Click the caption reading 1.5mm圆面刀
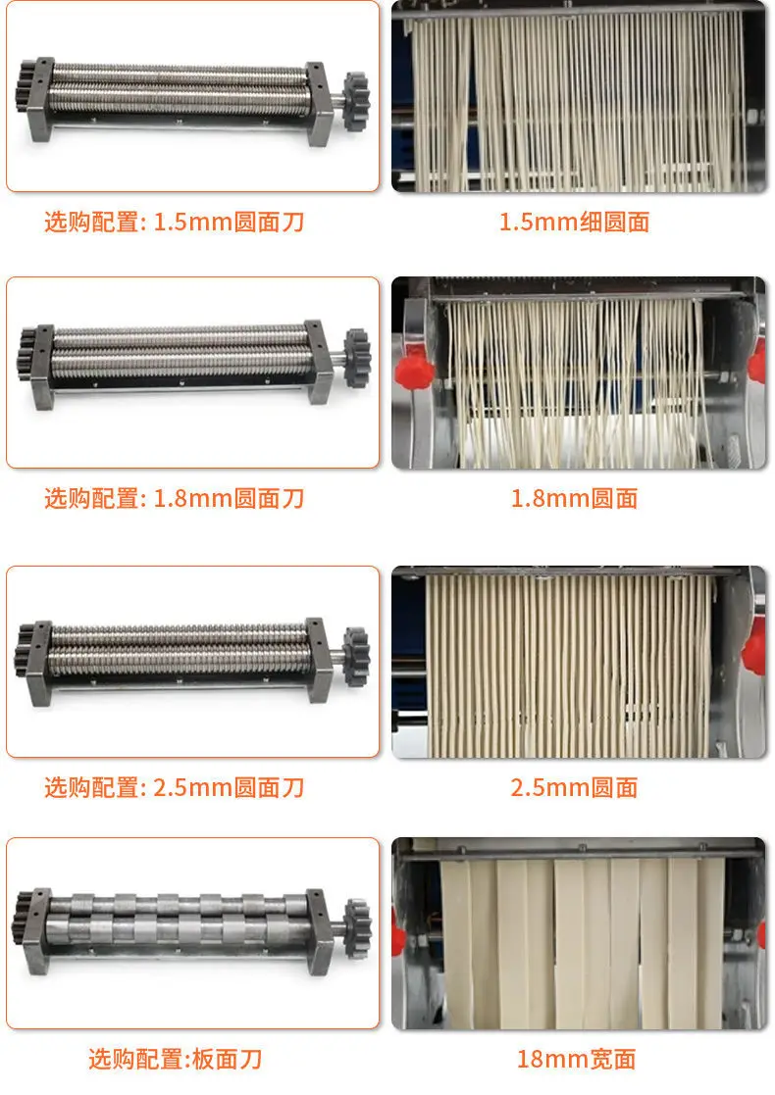229,223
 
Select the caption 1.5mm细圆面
575,223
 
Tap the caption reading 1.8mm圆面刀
229,499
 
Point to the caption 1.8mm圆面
575,499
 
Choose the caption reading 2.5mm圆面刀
229,788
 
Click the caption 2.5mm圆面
575,788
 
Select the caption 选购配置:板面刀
176,1060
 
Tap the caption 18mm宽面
577,1060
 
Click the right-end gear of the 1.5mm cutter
356,101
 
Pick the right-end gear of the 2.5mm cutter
356,657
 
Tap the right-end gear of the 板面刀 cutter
358,928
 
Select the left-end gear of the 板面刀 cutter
23,919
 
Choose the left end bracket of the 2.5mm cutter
39,662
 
